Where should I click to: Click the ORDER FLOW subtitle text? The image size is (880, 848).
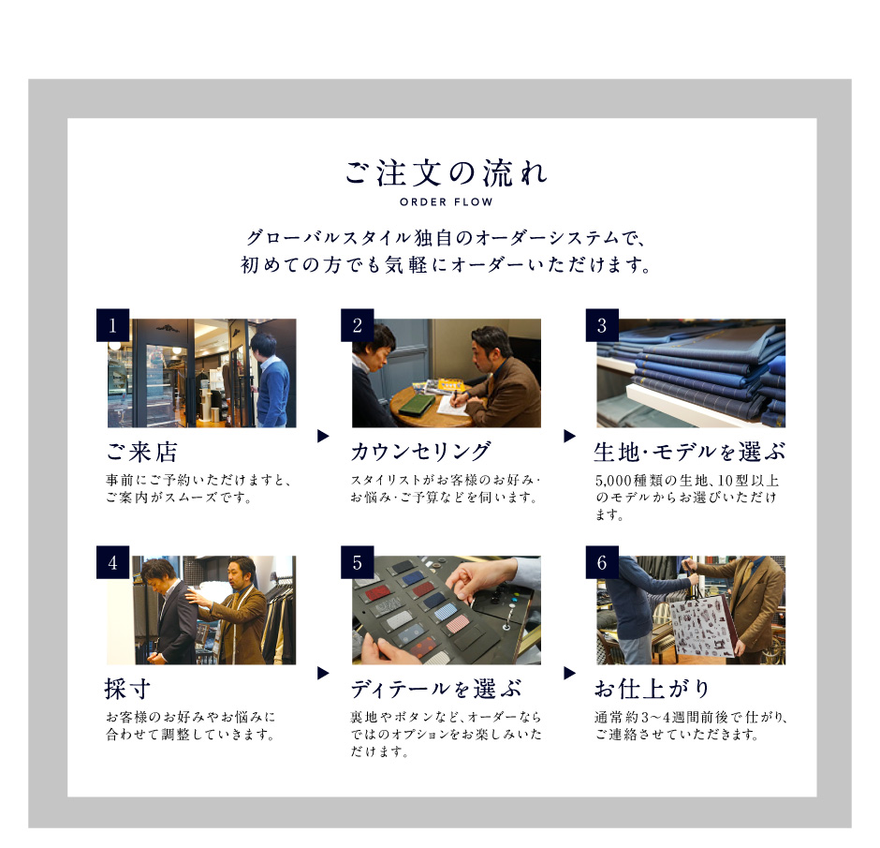(x=447, y=202)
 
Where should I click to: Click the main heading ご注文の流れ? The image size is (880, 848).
(x=447, y=172)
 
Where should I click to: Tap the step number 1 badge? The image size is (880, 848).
(x=112, y=325)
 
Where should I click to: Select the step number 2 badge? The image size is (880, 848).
(x=358, y=325)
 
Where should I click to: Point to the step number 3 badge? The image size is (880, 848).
(x=602, y=325)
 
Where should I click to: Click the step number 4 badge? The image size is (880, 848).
(x=112, y=562)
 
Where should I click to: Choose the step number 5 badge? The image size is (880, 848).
(x=358, y=562)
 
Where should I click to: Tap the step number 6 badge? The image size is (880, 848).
(x=602, y=562)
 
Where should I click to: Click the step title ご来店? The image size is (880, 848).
(x=142, y=452)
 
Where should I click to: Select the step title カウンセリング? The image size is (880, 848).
(x=420, y=452)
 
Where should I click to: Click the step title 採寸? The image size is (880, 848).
(x=127, y=689)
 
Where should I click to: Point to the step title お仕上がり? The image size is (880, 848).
(x=653, y=689)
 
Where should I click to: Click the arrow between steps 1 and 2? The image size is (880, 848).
(x=323, y=436)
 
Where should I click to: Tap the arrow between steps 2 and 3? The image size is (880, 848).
(x=569, y=436)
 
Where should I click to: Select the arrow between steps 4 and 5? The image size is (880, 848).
(x=323, y=673)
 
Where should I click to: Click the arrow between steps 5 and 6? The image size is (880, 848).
(x=569, y=673)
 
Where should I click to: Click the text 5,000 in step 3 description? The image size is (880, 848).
(x=613, y=482)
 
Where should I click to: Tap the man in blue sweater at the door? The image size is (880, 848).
(x=270, y=380)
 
